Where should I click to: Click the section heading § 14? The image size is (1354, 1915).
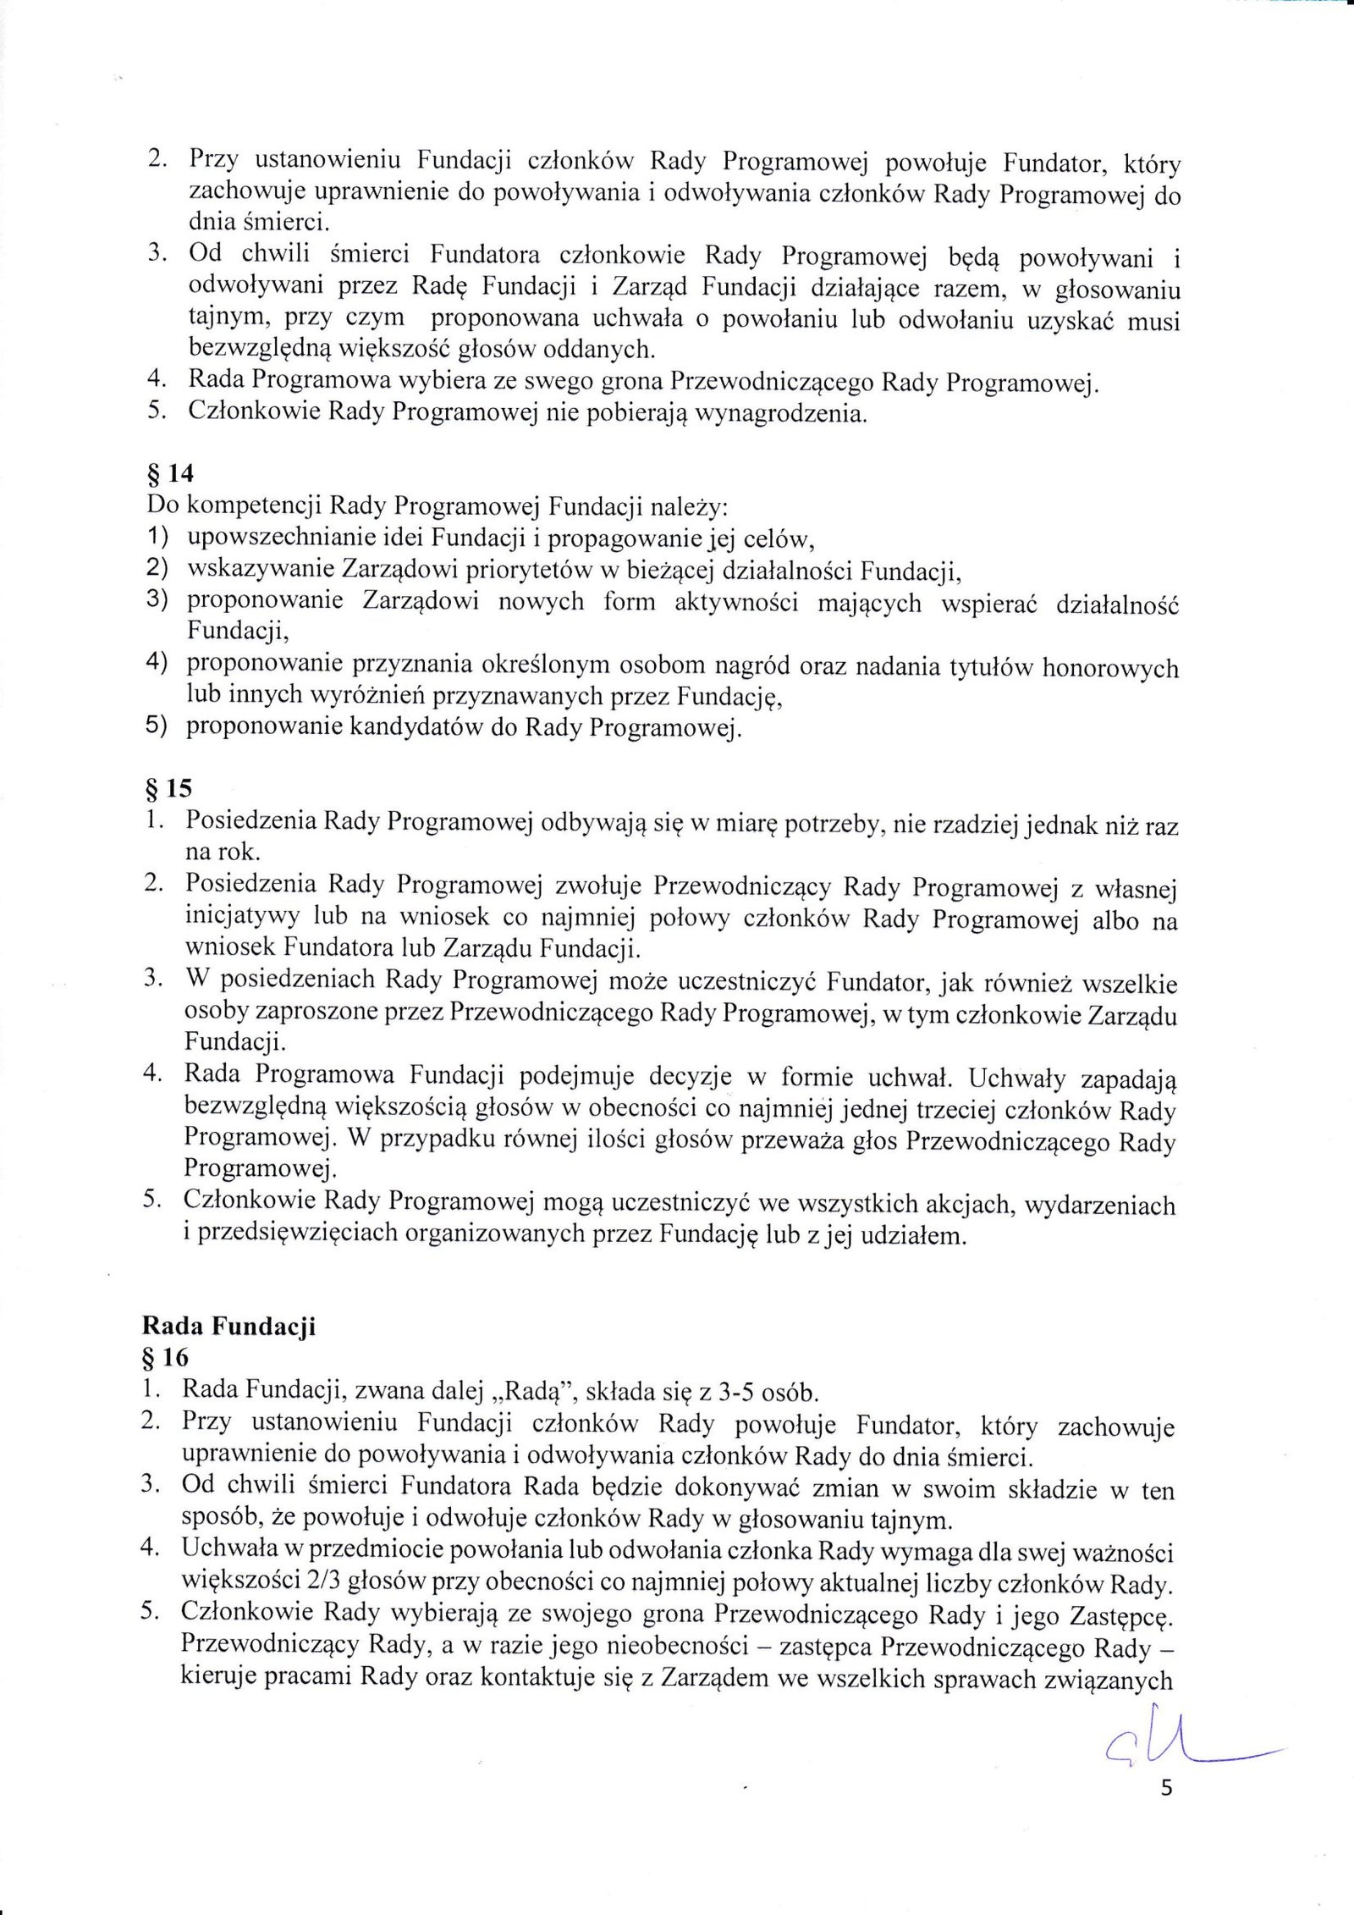(x=170, y=476)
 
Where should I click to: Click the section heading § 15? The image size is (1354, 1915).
(x=169, y=789)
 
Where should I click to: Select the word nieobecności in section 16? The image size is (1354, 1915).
(x=675, y=1647)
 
